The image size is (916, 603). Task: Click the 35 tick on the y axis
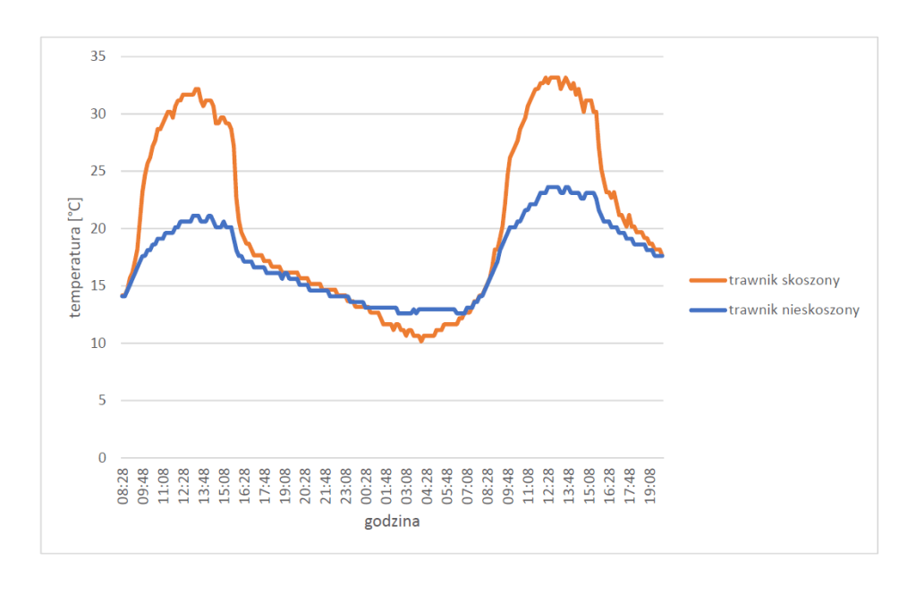(99, 56)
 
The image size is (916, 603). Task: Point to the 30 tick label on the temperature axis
(99, 114)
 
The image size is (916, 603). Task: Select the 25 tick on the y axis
(99, 171)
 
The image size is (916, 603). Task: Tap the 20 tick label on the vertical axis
(99, 228)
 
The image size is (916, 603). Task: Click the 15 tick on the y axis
(99, 285)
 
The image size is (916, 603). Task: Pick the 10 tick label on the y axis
(99, 343)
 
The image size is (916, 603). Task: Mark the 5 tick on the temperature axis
(102, 400)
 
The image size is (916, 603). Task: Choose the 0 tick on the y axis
(102, 457)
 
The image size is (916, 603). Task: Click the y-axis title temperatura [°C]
(77, 258)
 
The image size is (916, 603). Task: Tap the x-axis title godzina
(392, 522)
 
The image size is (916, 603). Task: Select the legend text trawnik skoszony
(785, 280)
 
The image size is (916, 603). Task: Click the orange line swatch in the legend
(706, 280)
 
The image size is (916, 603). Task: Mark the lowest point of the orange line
(421, 341)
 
